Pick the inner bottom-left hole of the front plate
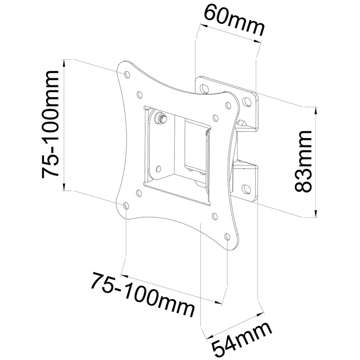click(x=138, y=193)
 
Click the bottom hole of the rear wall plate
click(x=247, y=189)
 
